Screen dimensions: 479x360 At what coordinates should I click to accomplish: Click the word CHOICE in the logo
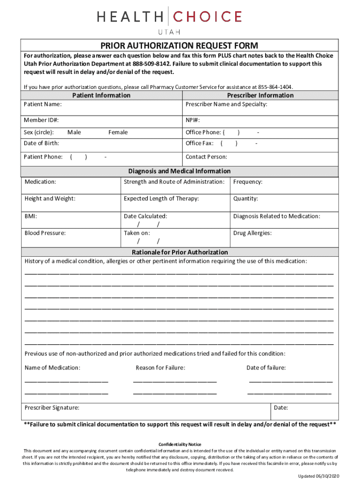point(208,17)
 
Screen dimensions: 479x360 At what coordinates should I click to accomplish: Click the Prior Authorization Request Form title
point(180,45)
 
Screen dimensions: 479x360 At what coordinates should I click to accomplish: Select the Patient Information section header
point(101,95)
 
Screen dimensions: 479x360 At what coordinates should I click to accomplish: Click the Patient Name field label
point(43,104)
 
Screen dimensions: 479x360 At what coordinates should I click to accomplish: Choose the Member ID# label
point(42,120)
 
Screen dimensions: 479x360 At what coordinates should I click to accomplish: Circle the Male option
point(74,132)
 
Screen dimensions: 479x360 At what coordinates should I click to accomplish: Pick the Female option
point(118,132)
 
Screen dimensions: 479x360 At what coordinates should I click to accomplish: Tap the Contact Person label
point(206,157)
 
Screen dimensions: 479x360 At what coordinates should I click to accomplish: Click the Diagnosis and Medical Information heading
point(180,171)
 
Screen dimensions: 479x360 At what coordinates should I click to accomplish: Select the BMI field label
point(31,216)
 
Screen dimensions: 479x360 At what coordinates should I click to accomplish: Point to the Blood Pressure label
point(45,233)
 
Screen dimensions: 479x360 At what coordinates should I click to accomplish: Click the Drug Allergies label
point(252,233)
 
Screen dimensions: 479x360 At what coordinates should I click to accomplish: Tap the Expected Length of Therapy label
point(161,199)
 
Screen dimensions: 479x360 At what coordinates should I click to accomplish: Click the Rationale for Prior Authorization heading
point(180,252)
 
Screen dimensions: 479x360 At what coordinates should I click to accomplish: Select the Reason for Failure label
point(160,368)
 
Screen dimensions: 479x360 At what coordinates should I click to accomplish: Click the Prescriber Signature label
point(52,408)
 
